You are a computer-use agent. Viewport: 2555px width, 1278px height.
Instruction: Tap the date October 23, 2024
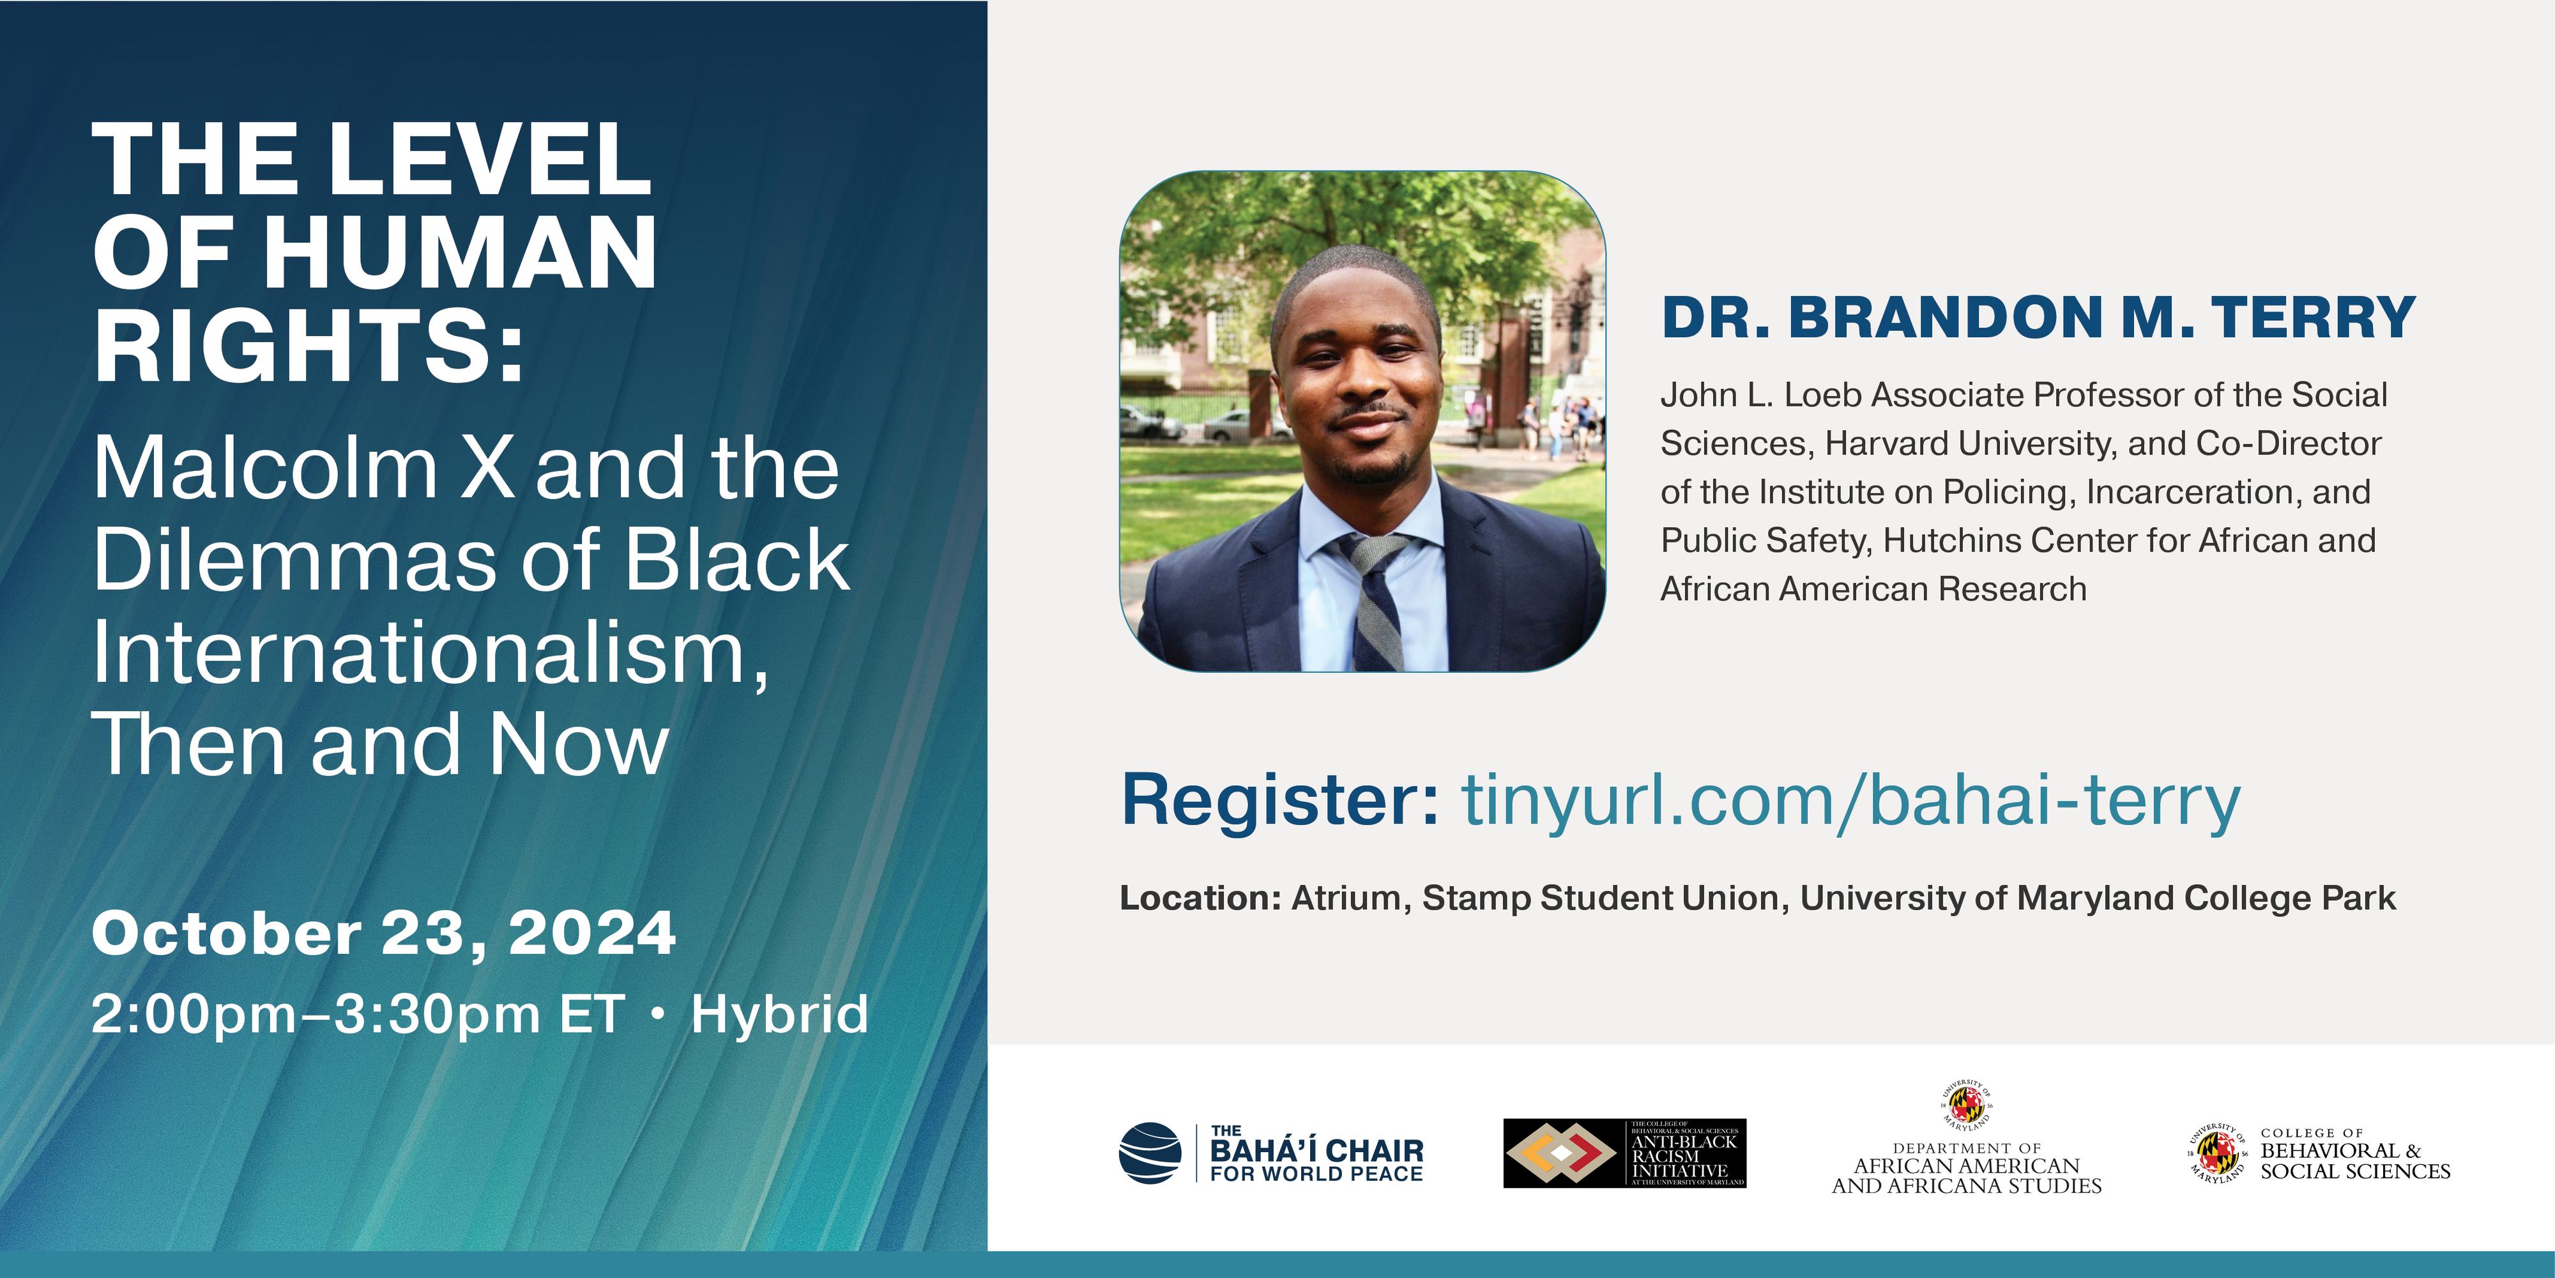(x=384, y=934)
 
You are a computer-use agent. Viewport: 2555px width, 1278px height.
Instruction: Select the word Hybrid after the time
(x=779, y=1014)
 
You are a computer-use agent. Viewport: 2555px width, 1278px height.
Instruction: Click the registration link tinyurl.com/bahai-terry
(x=1851, y=801)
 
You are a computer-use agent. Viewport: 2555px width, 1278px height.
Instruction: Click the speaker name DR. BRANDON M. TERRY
(x=2038, y=318)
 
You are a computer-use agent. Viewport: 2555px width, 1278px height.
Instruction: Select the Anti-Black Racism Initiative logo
(x=1624, y=1153)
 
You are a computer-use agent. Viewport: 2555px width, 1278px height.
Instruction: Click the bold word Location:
(x=1201, y=898)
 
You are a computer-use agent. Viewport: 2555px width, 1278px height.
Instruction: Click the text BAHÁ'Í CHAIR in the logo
(x=1316, y=1150)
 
